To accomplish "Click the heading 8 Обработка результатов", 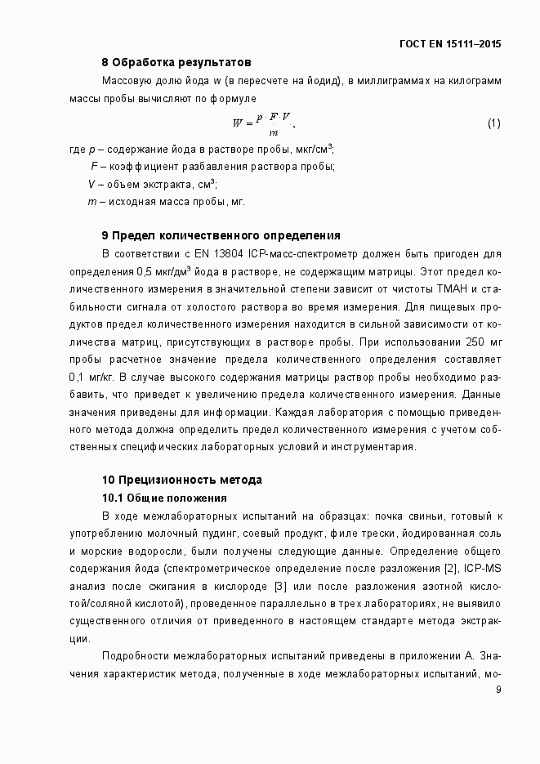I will click(176, 62).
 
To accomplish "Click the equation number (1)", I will click(493, 123).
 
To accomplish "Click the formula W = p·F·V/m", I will click(263, 124).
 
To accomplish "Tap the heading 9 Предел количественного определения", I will click(221, 236).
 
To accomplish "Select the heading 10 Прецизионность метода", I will click(181, 480).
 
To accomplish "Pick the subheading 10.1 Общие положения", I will click(163, 498).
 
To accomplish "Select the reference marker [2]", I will click(449, 569).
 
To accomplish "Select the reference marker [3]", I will click(280, 586).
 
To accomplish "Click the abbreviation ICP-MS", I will click(483, 569).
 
